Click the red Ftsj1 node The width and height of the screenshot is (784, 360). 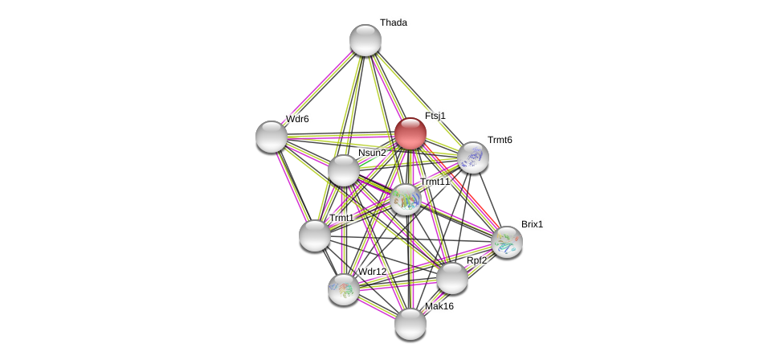coord(410,133)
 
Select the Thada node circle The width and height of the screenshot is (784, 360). coord(365,40)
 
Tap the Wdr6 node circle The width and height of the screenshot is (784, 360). coord(272,137)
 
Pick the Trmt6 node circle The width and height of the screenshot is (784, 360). coord(473,157)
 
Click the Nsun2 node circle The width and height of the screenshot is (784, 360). coord(344,170)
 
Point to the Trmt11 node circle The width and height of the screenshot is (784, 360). coord(406,199)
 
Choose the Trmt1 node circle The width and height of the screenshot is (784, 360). coord(315,235)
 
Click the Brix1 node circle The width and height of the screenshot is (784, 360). coord(507,242)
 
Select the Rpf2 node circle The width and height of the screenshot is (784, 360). coord(452,278)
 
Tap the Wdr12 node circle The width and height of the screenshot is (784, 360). coord(344,289)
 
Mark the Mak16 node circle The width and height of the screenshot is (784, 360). coord(410,324)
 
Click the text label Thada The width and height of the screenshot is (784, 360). coord(394,22)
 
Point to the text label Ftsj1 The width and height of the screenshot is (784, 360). coord(435,116)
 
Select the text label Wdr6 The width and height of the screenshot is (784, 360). coord(297,119)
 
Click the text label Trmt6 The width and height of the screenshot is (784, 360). coord(500,140)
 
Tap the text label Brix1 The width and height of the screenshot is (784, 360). coord(532,224)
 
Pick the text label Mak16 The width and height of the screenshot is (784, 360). coord(439,306)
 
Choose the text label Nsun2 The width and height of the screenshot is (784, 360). coord(372,153)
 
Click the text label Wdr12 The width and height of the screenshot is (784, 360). coord(372,272)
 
